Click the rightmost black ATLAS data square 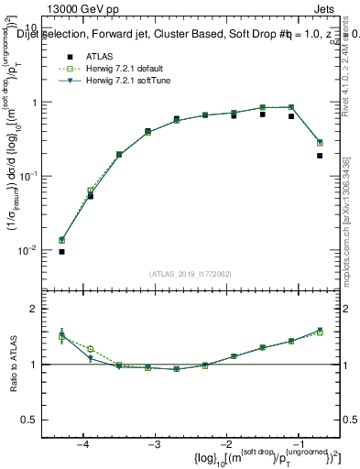point(320,156)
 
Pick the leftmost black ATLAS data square point(61,251)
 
